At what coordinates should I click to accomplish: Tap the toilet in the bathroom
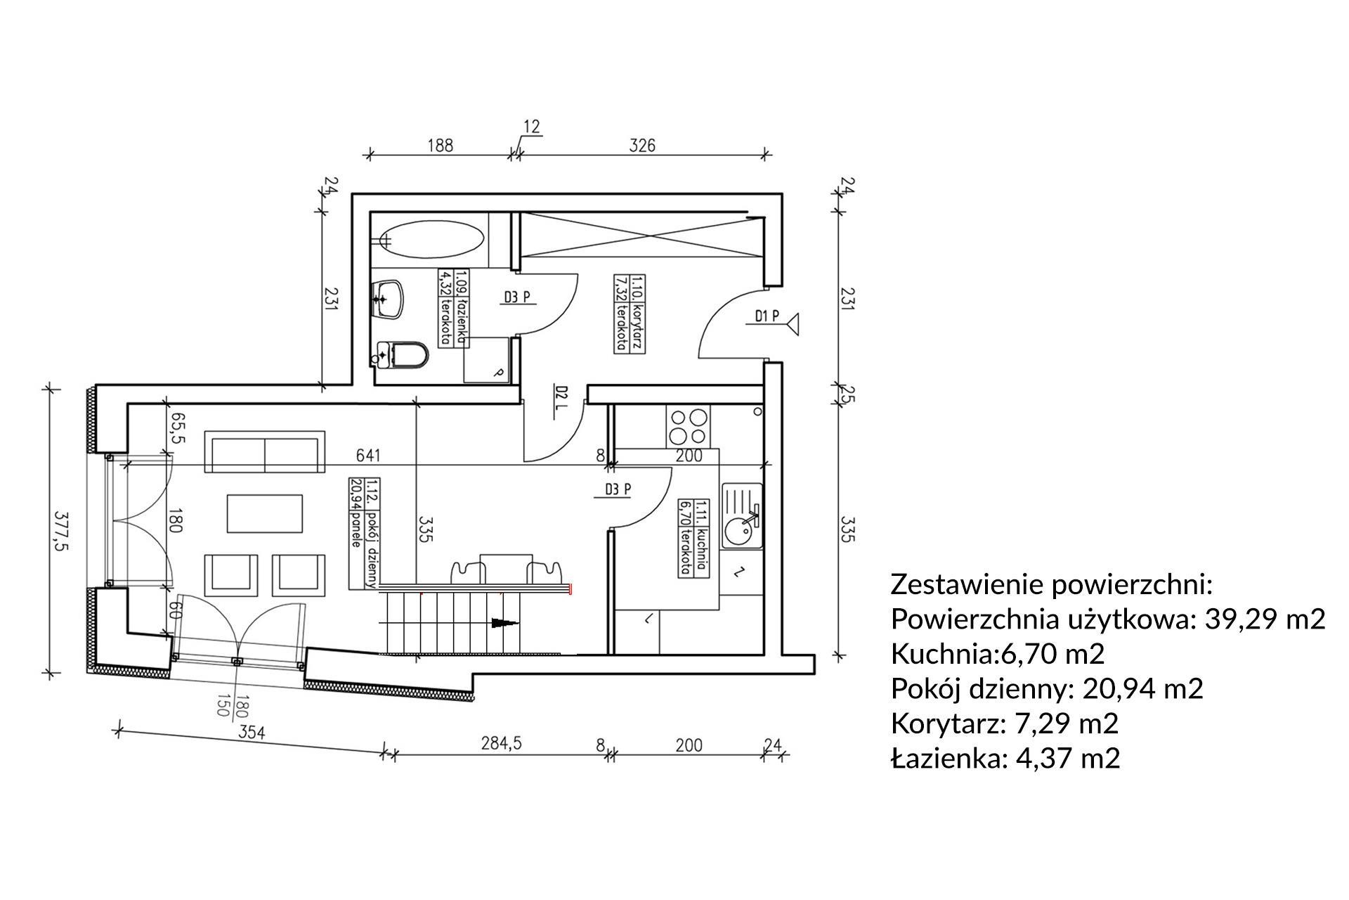tap(405, 355)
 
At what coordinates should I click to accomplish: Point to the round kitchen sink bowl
tap(740, 531)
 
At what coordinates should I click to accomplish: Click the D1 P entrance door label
tap(767, 316)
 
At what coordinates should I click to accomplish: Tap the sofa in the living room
tap(265, 452)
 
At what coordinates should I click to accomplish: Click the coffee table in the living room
tap(266, 513)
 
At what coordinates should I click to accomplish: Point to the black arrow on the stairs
tap(503, 622)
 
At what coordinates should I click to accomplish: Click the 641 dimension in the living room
tap(367, 456)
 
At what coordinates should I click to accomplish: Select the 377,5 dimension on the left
tap(68, 532)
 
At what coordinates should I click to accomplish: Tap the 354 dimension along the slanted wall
tap(251, 733)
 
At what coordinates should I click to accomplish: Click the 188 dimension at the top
tap(440, 146)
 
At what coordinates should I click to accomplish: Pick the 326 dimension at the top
tap(641, 146)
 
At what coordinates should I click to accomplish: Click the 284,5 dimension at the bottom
tap(501, 744)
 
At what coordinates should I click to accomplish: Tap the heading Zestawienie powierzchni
tap(1052, 584)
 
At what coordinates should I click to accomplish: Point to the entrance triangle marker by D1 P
tap(794, 324)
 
